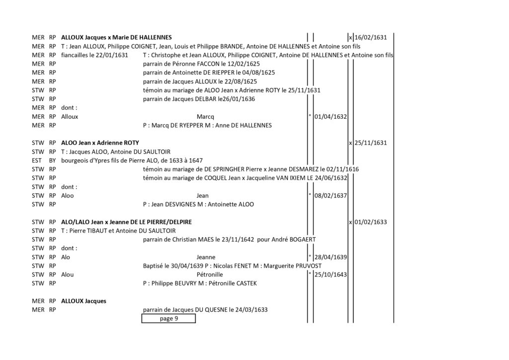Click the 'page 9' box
pyautogui.click(x=169, y=318)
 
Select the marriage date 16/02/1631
pyautogui.click(x=370, y=37)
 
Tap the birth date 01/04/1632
pyautogui.click(x=331, y=116)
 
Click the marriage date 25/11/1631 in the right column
pyautogui.click(x=370, y=143)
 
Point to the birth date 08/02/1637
pyautogui.click(x=331, y=196)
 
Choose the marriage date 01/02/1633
pyautogui.click(x=370, y=222)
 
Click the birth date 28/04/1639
pyautogui.click(x=331, y=257)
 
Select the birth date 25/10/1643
pyautogui.click(x=331, y=274)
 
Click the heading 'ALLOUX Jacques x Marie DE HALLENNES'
pyautogui.click(x=116, y=37)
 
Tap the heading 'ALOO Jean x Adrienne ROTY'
pyautogui.click(x=100, y=143)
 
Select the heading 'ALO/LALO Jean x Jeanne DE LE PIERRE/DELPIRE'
pyautogui.click(x=126, y=222)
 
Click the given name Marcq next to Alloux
pyautogui.click(x=205, y=117)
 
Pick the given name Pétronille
pyautogui.click(x=210, y=274)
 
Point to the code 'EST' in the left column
pyautogui.click(x=37, y=161)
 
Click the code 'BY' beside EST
pyautogui.click(x=52, y=161)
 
